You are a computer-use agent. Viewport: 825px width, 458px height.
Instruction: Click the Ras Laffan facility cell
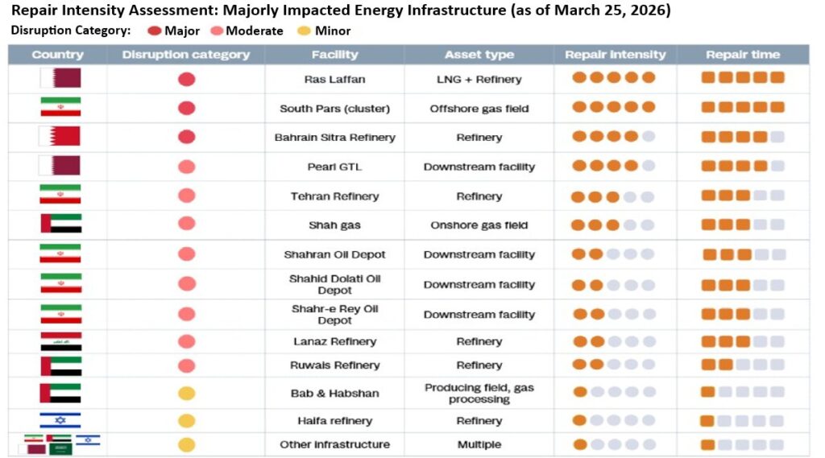(x=334, y=80)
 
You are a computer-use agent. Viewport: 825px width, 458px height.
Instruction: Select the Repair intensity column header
(x=615, y=55)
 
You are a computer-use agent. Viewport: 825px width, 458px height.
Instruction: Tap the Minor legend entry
(x=325, y=31)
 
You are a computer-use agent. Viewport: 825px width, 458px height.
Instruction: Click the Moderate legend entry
(x=248, y=31)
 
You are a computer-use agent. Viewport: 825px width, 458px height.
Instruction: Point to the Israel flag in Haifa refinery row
(x=60, y=420)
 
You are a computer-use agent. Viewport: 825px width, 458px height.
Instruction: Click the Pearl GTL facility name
(x=334, y=167)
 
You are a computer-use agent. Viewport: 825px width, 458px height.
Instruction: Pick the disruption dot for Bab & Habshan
(x=186, y=394)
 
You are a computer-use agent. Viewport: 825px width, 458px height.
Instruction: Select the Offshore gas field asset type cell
(x=479, y=109)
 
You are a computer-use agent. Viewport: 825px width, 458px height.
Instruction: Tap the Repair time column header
(x=742, y=55)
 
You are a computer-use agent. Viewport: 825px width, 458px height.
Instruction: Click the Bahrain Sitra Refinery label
(x=334, y=138)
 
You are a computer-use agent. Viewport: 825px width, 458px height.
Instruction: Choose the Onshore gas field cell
(x=479, y=225)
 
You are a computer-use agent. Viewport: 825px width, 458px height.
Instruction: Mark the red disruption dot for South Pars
(x=186, y=109)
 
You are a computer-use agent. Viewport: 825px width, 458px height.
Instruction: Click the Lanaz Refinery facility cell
(x=334, y=341)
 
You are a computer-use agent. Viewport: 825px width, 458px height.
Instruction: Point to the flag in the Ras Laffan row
(x=60, y=79)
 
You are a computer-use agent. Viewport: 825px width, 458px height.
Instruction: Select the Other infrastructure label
(x=334, y=444)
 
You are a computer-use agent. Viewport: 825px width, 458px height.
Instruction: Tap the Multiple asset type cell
(x=479, y=444)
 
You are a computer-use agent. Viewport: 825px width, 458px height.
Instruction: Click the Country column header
(x=57, y=55)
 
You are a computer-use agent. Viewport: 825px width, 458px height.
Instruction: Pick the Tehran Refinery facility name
(x=334, y=196)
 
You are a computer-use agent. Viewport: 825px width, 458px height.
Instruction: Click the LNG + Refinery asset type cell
(x=479, y=80)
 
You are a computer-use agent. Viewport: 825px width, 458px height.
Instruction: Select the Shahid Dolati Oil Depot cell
(x=334, y=284)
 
